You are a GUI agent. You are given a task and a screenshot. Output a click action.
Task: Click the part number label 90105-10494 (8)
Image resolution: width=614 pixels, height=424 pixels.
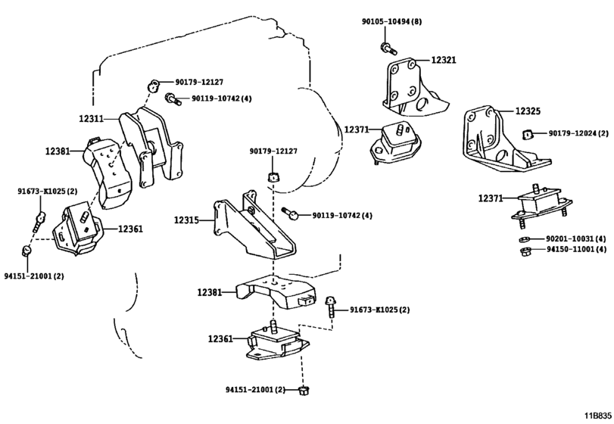[391, 21]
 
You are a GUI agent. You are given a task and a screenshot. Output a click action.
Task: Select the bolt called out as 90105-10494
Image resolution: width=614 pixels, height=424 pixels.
[388, 48]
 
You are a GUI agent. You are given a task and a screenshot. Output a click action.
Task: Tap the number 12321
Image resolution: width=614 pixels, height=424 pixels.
[444, 60]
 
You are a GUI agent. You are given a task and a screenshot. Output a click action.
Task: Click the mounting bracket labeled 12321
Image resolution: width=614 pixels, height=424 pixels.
[413, 87]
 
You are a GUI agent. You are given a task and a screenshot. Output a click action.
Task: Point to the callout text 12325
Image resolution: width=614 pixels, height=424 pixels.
[528, 111]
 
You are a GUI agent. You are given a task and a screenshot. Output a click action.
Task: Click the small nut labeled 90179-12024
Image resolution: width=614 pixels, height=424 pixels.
[528, 134]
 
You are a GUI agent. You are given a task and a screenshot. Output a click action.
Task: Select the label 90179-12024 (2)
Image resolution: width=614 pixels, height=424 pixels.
[578, 133]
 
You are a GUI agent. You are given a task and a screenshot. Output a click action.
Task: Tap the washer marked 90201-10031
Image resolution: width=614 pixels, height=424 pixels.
[524, 239]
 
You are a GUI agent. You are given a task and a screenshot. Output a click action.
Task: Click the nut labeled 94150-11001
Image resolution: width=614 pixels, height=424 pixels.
[525, 251]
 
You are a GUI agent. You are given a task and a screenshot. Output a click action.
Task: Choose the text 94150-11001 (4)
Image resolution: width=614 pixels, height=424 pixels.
[576, 249]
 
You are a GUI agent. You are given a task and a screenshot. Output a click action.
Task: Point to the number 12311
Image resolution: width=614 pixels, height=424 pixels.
[91, 118]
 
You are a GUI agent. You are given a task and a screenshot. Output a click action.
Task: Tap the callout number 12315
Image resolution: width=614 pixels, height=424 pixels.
[186, 220]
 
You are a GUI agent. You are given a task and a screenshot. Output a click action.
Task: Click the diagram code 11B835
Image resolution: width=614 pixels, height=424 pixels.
[598, 416]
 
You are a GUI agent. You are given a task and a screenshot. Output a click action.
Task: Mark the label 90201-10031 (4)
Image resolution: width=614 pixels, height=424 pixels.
[576, 238]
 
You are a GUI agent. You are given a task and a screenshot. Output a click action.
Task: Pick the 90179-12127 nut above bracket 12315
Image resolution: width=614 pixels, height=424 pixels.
[274, 176]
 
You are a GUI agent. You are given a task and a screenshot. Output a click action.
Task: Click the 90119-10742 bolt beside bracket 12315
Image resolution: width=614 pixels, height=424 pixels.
[291, 213]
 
